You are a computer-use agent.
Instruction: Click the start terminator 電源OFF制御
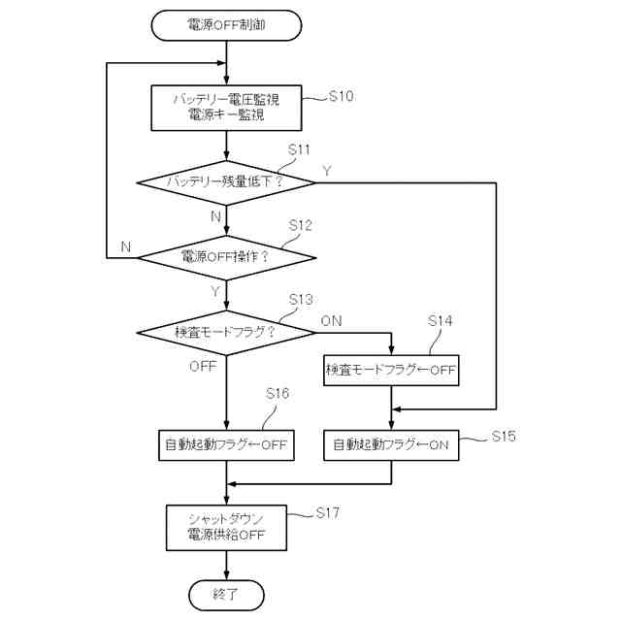click(226, 25)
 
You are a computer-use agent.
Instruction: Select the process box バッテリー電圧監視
click(226, 108)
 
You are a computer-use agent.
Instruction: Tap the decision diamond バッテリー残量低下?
click(226, 181)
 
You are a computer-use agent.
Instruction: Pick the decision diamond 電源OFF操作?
click(226, 257)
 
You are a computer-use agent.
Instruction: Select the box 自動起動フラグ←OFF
click(226, 445)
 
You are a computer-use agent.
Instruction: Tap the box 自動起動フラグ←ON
click(391, 445)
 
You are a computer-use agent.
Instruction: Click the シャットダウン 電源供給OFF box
click(226, 527)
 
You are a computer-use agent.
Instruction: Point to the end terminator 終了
click(226, 592)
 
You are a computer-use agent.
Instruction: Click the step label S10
click(342, 97)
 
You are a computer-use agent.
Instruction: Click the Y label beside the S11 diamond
click(327, 171)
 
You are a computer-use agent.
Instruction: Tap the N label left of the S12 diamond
click(125, 246)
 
